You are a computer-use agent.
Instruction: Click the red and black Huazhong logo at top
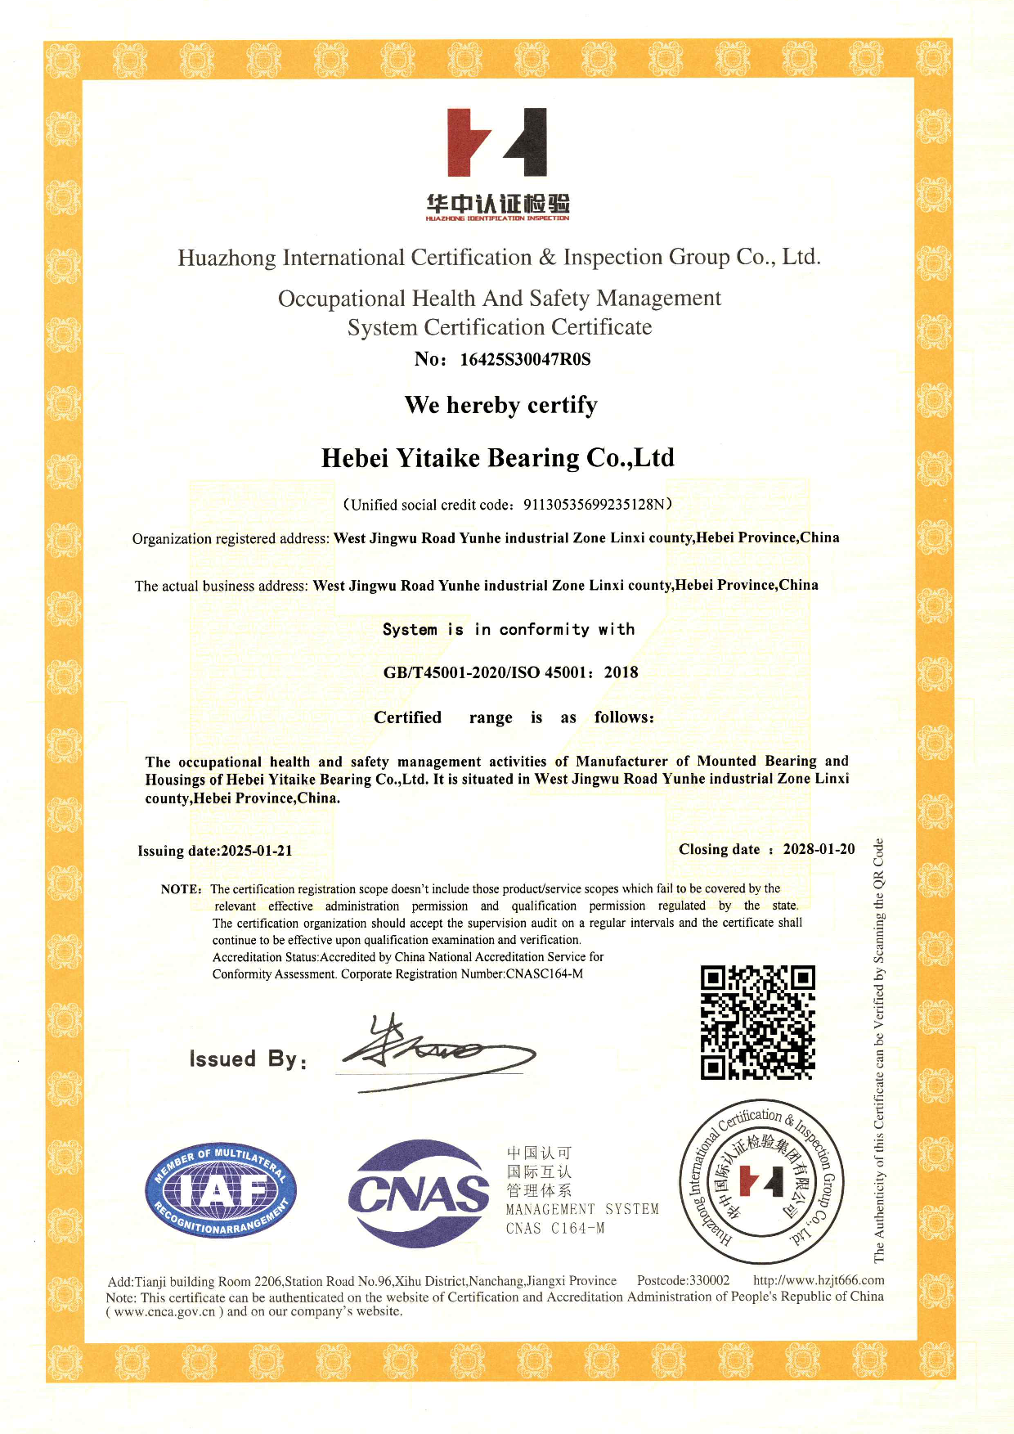[x=496, y=142]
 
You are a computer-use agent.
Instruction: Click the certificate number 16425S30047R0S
[x=525, y=359]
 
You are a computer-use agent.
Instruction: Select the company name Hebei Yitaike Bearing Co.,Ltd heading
[x=497, y=457]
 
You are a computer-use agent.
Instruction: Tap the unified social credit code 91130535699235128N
[x=596, y=504]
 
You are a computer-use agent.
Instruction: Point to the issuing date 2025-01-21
[x=256, y=850]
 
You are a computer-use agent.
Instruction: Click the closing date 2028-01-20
[x=819, y=849]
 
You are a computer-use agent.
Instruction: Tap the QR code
[x=757, y=1022]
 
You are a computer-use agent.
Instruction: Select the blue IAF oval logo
[x=221, y=1190]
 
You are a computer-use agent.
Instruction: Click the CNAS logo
[x=419, y=1194]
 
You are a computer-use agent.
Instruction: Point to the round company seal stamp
[x=762, y=1181]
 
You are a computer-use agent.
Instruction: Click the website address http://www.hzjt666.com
[x=819, y=1279]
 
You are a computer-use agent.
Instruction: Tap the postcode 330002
[x=709, y=1280]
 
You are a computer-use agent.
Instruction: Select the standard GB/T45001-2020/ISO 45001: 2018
[x=510, y=672]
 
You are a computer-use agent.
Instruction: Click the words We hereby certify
[x=500, y=405]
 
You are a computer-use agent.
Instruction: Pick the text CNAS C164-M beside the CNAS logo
[x=555, y=1228]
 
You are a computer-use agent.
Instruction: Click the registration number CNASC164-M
[x=544, y=973]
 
